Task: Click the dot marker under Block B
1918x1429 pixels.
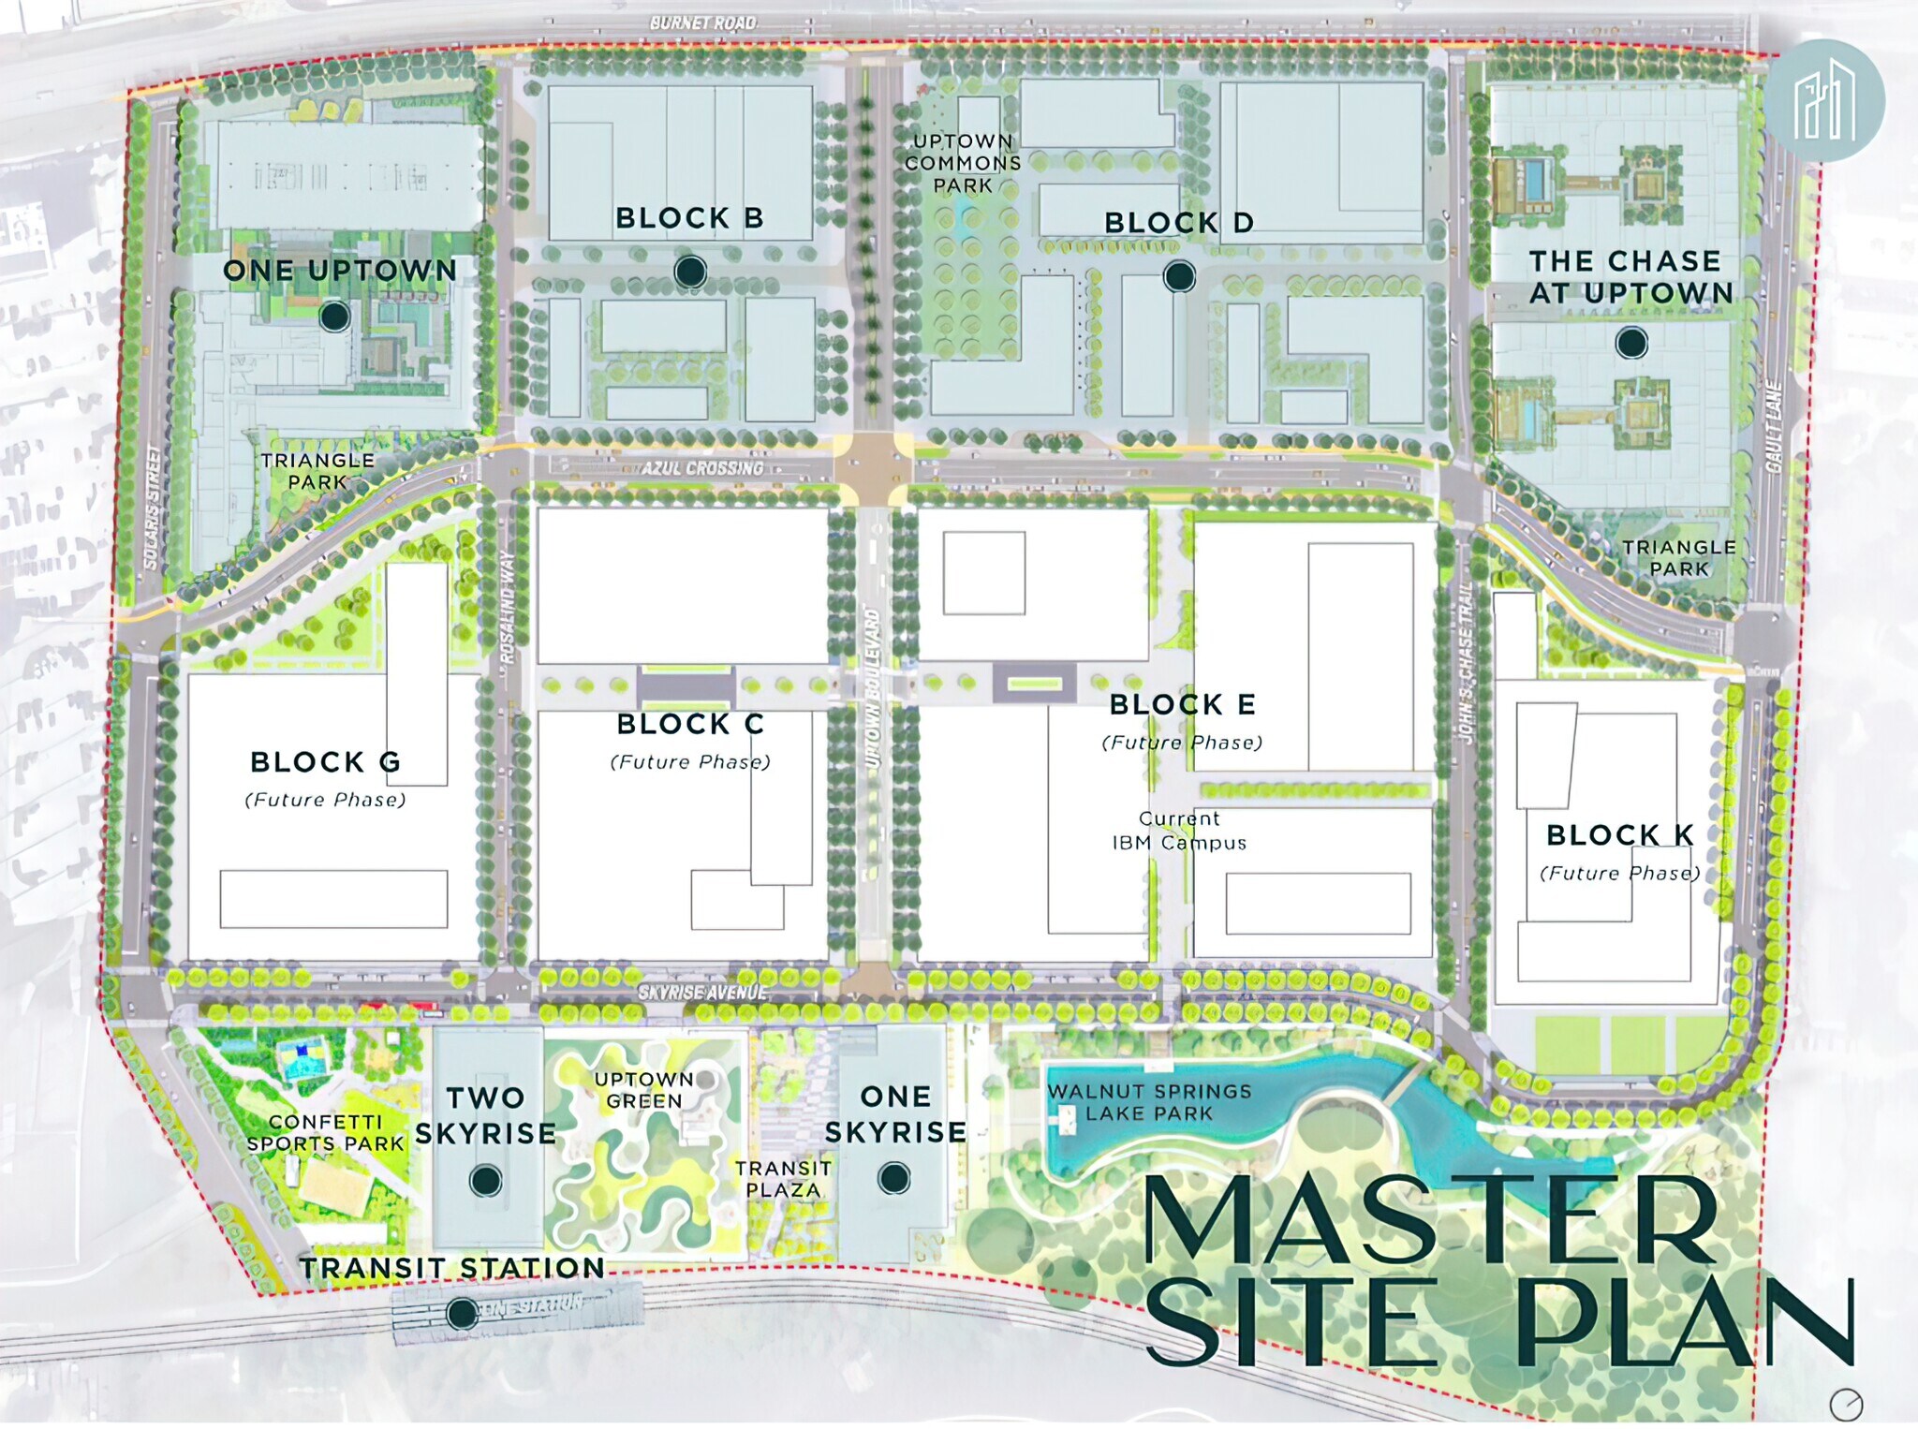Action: pyautogui.click(x=690, y=272)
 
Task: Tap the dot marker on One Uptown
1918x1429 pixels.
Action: pyautogui.click(x=334, y=317)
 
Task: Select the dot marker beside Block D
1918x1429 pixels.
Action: pyautogui.click(x=1179, y=276)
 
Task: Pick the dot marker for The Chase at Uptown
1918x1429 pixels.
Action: pyautogui.click(x=1631, y=343)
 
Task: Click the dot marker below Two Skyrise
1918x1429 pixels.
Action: pyautogui.click(x=485, y=1181)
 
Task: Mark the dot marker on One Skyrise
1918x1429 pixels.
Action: pyautogui.click(x=894, y=1178)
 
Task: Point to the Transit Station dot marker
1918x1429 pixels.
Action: pyautogui.click(x=461, y=1314)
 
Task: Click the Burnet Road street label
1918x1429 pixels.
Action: pyautogui.click(x=702, y=22)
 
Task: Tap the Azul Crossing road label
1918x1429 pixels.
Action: pyautogui.click(x=702, y=467)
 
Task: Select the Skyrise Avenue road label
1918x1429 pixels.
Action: pyautogui.click(x=702, y=992)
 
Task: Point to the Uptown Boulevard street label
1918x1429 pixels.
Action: pyautogui.click(x=872, y=688)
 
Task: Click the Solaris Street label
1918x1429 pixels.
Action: pyautogui.click(x=153, y=507)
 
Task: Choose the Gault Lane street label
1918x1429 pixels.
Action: pyautogui.click(x=1772, y=426)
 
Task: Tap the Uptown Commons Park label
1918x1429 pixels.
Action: pyautogui.click(x=963, y=163)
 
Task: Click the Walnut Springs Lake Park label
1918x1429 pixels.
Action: pyautogui.click(x=1149, y=1102)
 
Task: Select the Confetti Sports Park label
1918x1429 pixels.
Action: pyautogui.click(x=325, y=1132)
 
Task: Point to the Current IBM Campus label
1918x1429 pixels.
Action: pyautogui.click(x=1179, y=831)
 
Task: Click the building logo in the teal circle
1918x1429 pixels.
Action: pyautogui.click(x=1824, y=101)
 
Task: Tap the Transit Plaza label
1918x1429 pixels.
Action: pyautogui.click(x=783, y=1179)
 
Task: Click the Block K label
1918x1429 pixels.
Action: pyautogui.click(x=1619, y=834)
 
